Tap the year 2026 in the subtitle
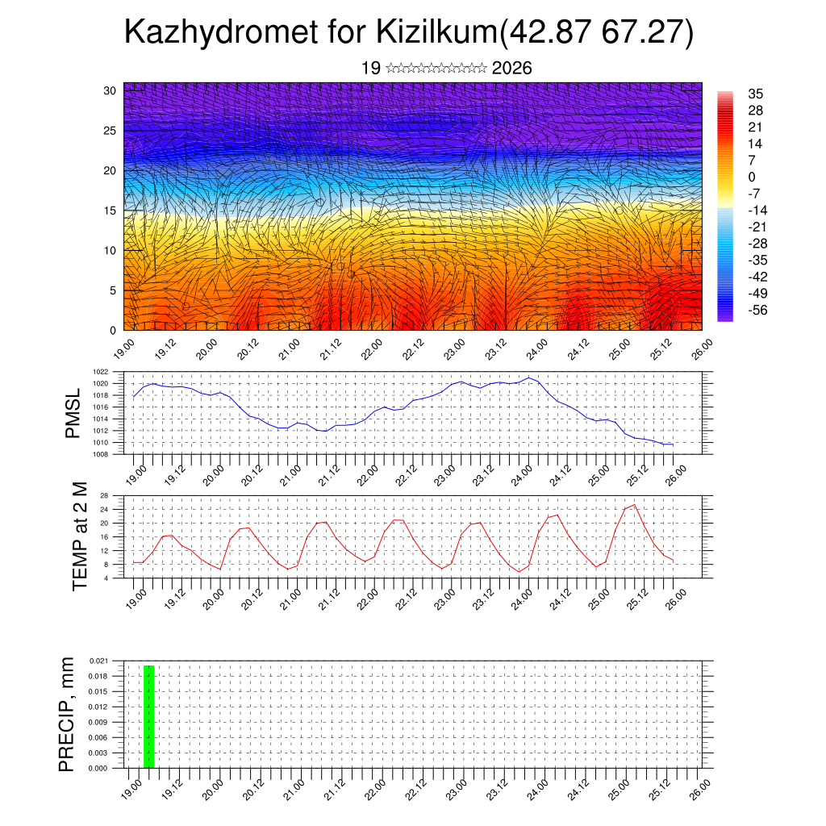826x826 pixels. [x=511, y=69]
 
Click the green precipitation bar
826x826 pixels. [x=148, y=716]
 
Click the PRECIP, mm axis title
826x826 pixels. [x=67, y=714]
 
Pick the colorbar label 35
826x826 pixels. [x=755, y=94]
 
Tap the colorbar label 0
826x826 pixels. [x=752, y=177]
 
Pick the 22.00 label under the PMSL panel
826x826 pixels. [x=371, y=473]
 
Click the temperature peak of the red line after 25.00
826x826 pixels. [x=634, y=505]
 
